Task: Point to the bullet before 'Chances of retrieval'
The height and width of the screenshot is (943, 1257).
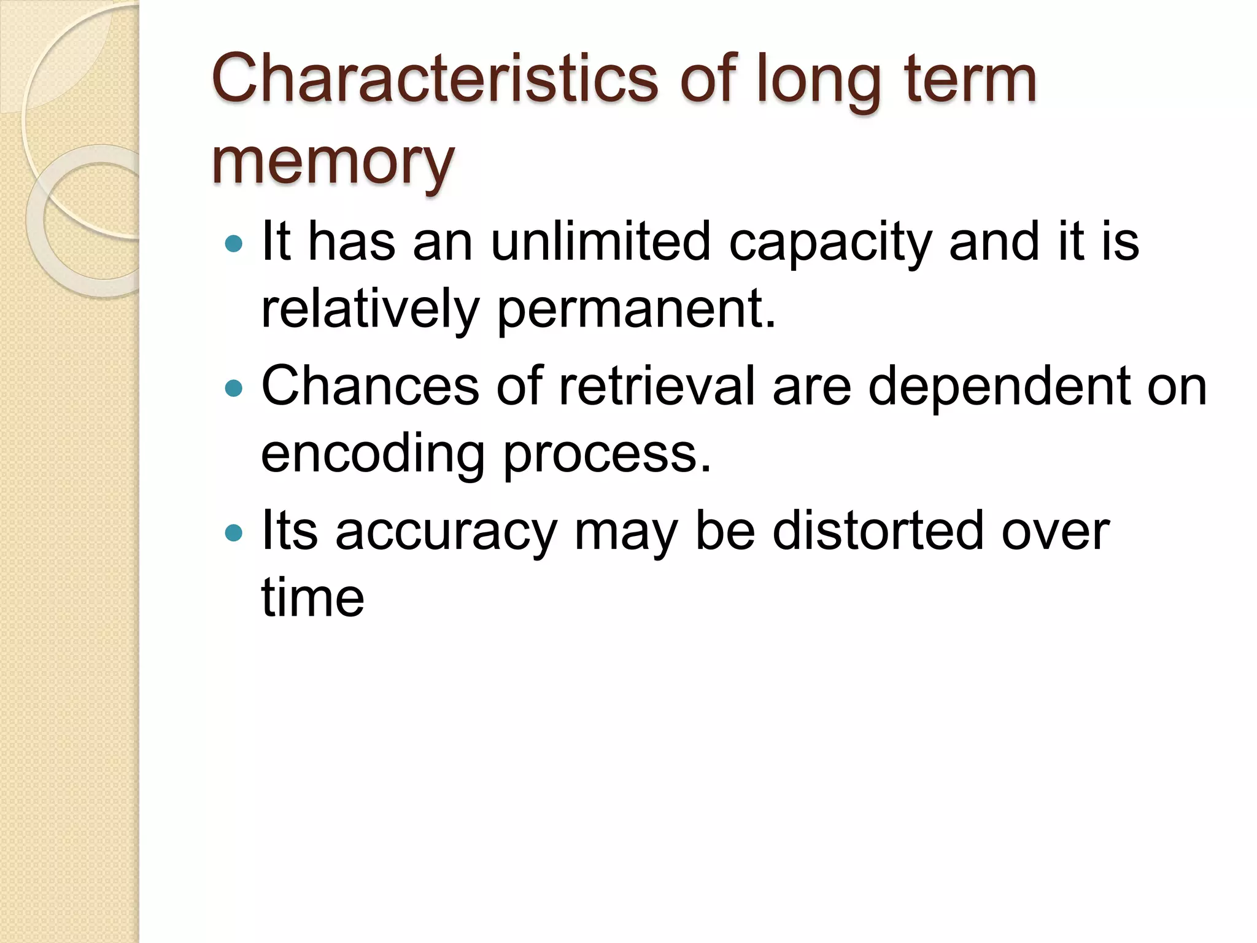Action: click(x=234, y=389)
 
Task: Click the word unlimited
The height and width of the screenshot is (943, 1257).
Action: click(x=600, y=242)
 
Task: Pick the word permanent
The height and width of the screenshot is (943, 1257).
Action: click(x=636, y=309)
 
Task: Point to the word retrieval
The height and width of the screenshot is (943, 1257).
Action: click(x=657, y=387)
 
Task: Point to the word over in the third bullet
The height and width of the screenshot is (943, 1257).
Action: click(x=1055, y=532)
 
